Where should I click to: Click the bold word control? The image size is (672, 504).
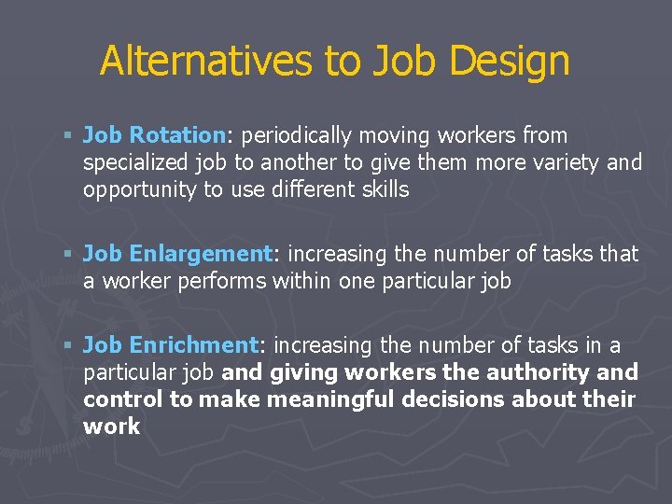(120, 400)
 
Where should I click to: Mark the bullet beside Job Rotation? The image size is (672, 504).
(70, 136)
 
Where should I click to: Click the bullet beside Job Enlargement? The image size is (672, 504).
(70, 254)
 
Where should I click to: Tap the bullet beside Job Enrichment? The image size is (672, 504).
(70, 345)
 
